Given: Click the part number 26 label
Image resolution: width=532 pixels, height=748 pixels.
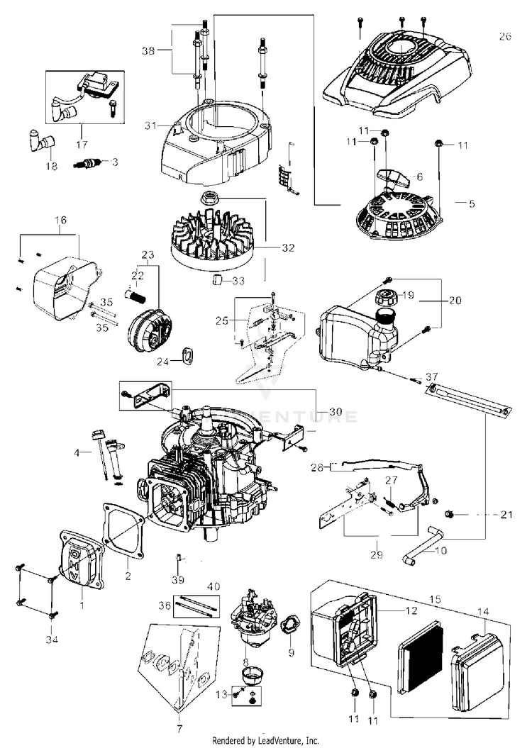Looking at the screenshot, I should (504, 37).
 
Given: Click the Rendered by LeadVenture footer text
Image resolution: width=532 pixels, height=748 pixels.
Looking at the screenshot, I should (266, 740).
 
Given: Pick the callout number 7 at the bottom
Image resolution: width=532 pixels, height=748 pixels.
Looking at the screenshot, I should (179, 728).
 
